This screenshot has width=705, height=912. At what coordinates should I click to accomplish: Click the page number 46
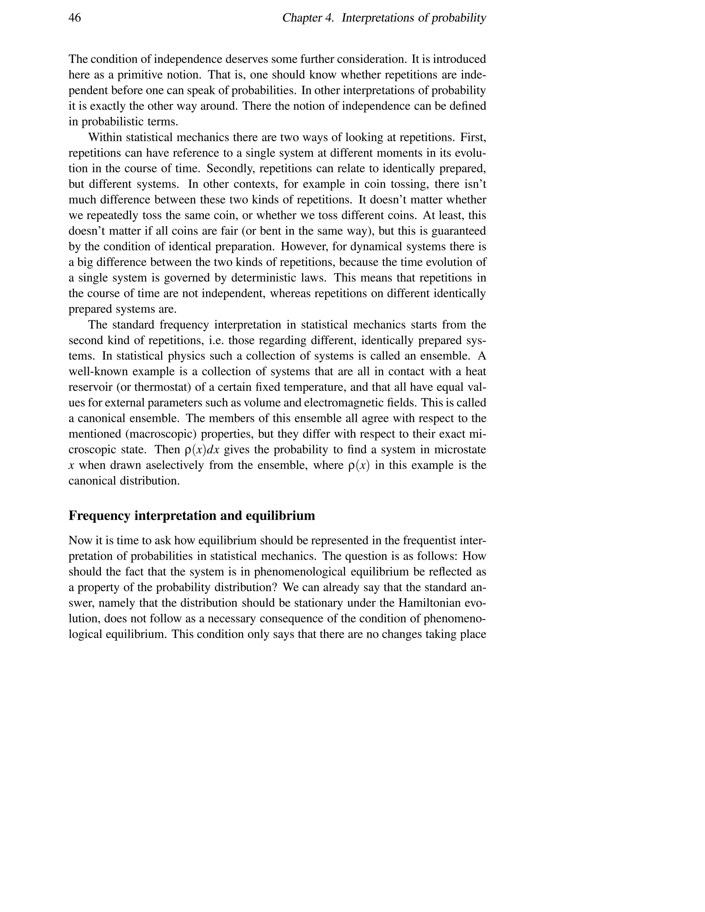tap(75, 18)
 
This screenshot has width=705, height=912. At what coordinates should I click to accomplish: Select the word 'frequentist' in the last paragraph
tap(435, 540)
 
